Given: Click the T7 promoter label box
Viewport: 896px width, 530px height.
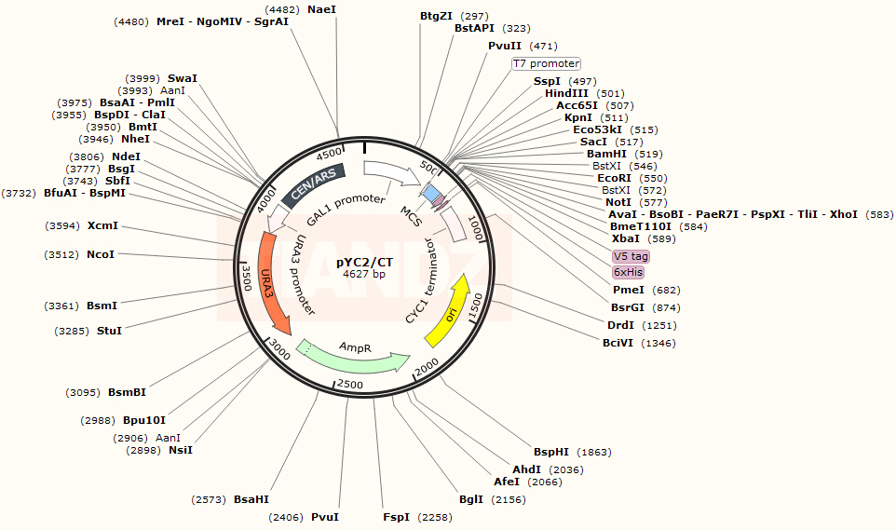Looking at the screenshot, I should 546,63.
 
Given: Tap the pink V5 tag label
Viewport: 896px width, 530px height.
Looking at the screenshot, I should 631,256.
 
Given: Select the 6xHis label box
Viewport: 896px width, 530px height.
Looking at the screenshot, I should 628,272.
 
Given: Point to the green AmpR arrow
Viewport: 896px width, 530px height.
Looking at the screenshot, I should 354,356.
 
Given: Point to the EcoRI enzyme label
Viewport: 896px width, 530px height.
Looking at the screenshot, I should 614,178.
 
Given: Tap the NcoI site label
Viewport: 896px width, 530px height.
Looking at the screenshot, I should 101,253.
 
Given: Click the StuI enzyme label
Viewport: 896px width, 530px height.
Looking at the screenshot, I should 109,330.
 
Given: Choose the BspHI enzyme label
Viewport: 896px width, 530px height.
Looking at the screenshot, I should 551,452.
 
